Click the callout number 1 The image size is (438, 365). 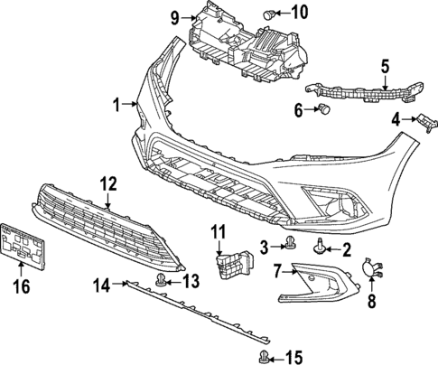point(116,106)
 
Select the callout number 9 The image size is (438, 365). point(176,15)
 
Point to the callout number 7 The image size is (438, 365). point(278,268)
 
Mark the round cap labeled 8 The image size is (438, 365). point(370,267)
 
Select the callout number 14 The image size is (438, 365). point(103,285)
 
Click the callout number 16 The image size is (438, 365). point(19,287)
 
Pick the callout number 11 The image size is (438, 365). point(217,232)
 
